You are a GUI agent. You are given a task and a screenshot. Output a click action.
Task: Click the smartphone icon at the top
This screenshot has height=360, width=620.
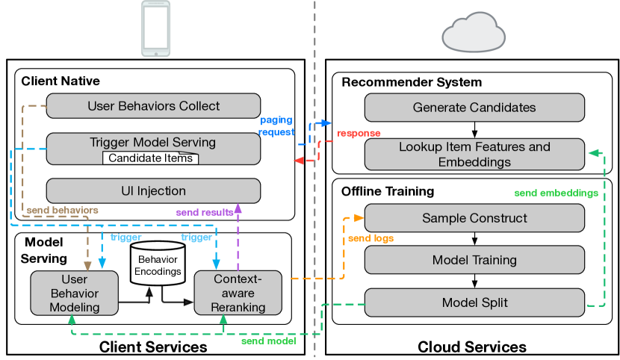click(x=156, y=28)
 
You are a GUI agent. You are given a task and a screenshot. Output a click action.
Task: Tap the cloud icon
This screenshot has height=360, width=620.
click(x=474, y=32)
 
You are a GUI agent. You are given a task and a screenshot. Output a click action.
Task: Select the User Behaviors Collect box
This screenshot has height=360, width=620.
click(x=153, y=106)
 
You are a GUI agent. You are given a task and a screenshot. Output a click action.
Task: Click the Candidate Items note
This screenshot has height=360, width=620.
click(x=151, y=158)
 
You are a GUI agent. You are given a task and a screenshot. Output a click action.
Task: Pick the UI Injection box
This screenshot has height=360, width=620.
click(x=153, y=191)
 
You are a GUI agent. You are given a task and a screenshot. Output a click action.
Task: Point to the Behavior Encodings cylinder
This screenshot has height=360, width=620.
click(x=158, y=264)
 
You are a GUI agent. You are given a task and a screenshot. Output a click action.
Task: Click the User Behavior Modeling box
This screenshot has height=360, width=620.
click(x=75, y=294)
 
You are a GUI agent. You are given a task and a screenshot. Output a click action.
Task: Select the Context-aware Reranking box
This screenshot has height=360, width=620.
click(x=238, y=293)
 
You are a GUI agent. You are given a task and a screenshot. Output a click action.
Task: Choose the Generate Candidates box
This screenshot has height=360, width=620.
click(x=474, y=108)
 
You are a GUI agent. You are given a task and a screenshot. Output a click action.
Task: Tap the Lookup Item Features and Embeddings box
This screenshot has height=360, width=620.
click(x=474, y=155)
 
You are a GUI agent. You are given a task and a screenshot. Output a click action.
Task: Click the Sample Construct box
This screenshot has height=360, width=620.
click(x=474, y=218)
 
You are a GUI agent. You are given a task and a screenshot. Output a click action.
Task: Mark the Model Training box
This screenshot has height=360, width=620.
click(x=474, y=260)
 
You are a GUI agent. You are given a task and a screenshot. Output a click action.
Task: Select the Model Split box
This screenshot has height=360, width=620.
click(x=474, y=302)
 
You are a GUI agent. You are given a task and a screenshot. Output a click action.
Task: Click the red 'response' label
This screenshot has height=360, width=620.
click(x=359, y=134)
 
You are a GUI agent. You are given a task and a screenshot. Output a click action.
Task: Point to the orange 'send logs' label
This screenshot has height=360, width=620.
click(x=371, y=238)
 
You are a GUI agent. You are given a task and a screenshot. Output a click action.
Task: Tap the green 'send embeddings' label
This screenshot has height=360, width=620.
click(x=557, y=193)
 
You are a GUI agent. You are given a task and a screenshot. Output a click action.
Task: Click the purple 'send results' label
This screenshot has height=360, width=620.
click(x=205, y=212)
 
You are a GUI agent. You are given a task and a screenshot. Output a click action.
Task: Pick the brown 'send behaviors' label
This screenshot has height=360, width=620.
click(x=63, y=210)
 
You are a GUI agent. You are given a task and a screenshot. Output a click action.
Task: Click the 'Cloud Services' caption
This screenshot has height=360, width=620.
click(x=472, y=347)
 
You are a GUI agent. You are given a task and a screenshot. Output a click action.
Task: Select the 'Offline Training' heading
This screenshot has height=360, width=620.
click(x=388, y=191)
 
